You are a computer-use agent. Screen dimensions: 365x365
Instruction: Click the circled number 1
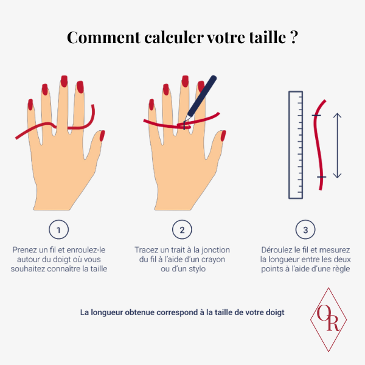pyautogui.click(x=58, y=229)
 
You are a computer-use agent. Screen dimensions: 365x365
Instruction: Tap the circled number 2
pyautogui.click(x=182, y=229)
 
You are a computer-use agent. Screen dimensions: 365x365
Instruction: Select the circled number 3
pyautogui.click(x=305, y=229)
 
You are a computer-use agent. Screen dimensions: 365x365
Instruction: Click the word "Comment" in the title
pyautogui.click(x=104, y=38)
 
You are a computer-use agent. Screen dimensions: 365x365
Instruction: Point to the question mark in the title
pyautogui.click(x=294, y=36)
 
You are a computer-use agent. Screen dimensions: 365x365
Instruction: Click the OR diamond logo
pyautogui.click(x=328, y=319)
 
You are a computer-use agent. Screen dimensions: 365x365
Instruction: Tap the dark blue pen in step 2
pyautogui.click(x=201, y=97)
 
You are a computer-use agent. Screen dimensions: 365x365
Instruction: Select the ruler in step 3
pyautogui.click(x=296, y=145)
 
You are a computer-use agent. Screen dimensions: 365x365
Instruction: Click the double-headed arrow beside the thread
pyautogui.click(x=337, y=145)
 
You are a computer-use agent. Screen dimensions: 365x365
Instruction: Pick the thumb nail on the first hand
pyautogui.click(x=102, y=136)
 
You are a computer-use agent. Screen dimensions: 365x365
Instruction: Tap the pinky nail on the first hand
pyautogui.click(x=30, y=105)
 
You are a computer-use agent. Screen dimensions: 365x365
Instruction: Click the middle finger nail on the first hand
pyautogui.click(x=64, y=82)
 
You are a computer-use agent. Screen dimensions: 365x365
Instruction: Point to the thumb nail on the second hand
pyautogui.click(x=223, y=136)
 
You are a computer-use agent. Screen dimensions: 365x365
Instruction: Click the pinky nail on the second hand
pyautogui.click(x=151, y=105)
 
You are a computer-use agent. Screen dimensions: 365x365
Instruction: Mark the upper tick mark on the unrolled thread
pyautogui.click(x=316, y=116)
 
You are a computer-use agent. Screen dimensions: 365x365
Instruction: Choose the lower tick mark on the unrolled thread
pyautogui.click(x=321, y=177)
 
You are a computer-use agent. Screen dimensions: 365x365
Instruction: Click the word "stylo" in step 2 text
pyautogui.click(x=197, y=269)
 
